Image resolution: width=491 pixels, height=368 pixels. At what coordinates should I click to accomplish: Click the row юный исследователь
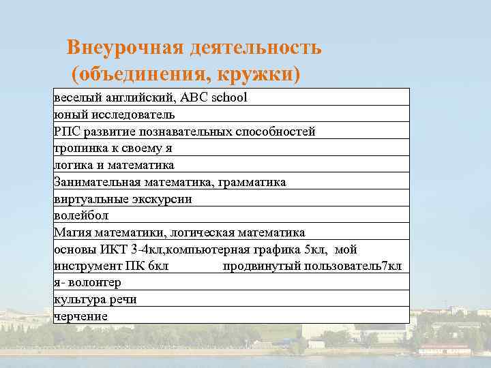click(x=115, y=114)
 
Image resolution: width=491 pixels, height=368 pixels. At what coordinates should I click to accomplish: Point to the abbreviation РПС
click(x=66, y=131)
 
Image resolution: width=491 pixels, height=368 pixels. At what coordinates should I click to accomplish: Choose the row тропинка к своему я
click(x=113, y=148)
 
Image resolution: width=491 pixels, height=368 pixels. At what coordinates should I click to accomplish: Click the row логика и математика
click(x=114, y=165)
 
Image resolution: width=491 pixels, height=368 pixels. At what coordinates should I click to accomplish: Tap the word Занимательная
click(x=97, y=182)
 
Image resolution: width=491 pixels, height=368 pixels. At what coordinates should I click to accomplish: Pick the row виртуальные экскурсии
click(x=123, y=199)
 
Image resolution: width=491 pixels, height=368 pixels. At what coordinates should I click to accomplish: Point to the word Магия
click(x=70, y=232)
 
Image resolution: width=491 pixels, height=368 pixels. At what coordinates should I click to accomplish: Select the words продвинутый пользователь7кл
click(x=312, y=265)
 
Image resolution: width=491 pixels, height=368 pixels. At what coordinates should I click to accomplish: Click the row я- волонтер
click(x=87, y=282)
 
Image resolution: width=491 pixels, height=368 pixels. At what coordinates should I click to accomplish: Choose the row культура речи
click(x=95, y=299)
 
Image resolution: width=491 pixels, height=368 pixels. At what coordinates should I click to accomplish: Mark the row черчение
click(x=81, y=316)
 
